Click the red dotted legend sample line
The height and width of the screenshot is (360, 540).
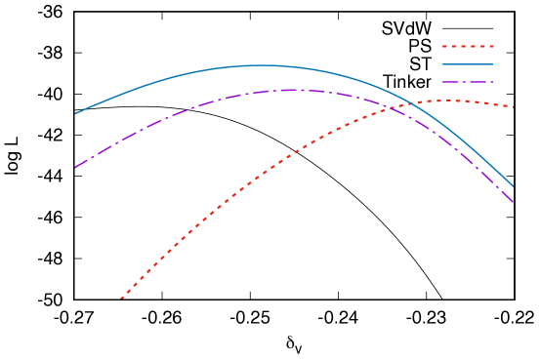click(468, 46)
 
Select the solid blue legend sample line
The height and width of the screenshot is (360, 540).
click(468, 64)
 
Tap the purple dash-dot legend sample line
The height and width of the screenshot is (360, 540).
click(468, 82)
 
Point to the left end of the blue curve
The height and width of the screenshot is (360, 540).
click(76, 113)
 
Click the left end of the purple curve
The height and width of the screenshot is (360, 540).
click(76, 167)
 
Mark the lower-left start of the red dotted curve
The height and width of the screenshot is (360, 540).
click(122, 299)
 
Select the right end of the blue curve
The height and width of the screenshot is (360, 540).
click(514, 186)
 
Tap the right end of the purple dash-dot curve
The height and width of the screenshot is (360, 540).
click(514, 202)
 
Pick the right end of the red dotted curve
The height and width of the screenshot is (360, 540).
click(514, 106)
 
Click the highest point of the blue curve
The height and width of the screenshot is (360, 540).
click(264, 65)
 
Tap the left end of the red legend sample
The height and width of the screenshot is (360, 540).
click(442, 46)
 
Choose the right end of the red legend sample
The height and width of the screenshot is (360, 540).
click(494, 46)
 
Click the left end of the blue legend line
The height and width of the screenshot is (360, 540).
click(442, 64)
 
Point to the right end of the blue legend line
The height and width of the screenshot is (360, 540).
click(494, 64)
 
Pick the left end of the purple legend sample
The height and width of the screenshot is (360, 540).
click(442, 82)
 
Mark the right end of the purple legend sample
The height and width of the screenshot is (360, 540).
click(494, 82)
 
